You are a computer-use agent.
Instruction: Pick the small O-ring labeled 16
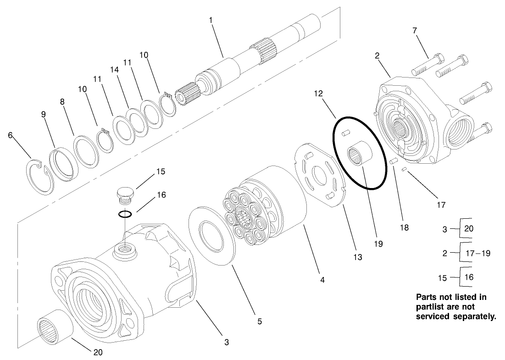point(125,214)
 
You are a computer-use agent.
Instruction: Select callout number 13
point(357,257)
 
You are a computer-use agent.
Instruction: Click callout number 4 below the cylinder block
point(322,280)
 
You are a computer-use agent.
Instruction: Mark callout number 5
point(259,321)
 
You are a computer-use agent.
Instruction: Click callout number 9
point(44,115)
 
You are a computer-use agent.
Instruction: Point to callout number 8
point(63,102)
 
